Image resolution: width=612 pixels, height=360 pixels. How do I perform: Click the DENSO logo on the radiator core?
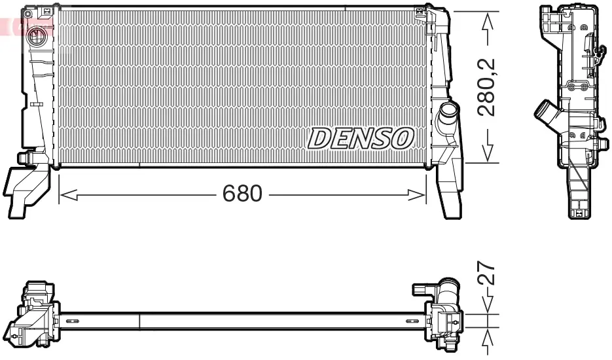pyautogui.click(x=361, y=137)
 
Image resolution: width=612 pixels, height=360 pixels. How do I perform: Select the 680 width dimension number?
pyautogui.click(x=242, y=194)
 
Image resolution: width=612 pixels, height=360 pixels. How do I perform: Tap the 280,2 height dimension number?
pyautogui.click(x=487, y=87)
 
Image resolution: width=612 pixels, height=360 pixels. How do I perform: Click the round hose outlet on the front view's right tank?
pyautogui.click(x=449, y=112)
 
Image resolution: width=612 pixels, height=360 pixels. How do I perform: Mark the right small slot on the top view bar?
pyautogui.click(x=412, y=321)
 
